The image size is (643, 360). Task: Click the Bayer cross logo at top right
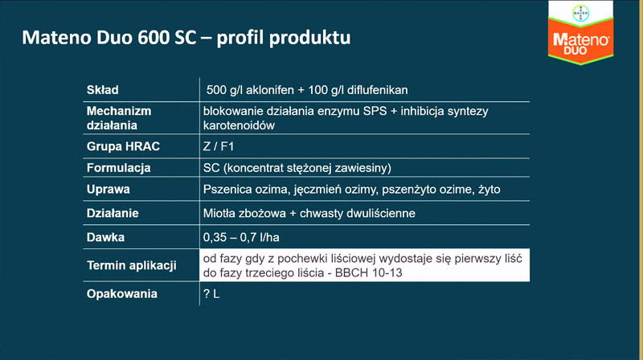(x=580, y=13)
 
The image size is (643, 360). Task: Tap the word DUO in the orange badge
(x=575, y=51)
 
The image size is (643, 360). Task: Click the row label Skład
(x=103, y=90)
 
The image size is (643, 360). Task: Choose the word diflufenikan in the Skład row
(x=377, y=90)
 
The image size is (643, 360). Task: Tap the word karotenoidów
(x=239, y=125)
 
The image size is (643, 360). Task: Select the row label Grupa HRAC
(x=123, y=146)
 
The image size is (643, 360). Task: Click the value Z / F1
(x=219, y=146)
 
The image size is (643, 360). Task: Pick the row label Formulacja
(x=118, y=168)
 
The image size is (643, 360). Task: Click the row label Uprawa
(x=109, y=190)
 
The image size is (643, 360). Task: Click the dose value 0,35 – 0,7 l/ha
(x=241, y=237)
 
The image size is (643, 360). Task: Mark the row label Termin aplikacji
(x=132, y=266)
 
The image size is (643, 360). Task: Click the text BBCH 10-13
(x=369, y=273)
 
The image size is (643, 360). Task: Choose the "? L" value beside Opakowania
(x=211, y=294)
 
